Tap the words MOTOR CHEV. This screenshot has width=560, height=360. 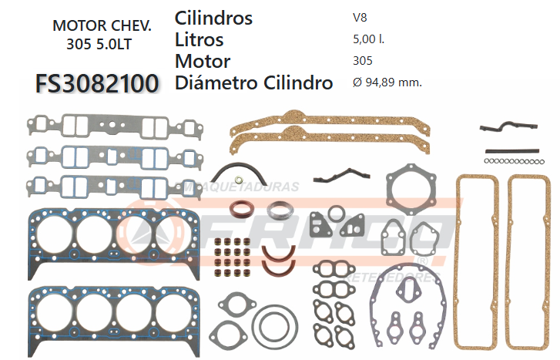coord(102,25)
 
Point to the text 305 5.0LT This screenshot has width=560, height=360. coord(99,44)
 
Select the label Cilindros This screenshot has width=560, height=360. coord(213,18)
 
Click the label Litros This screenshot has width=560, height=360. coord(200,39)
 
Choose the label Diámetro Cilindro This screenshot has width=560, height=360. coord(254,82)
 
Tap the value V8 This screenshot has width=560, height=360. coord(360,18)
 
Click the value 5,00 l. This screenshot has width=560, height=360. coord(367,39)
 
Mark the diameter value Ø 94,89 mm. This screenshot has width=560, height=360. coord(386,82)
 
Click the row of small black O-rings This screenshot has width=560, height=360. coord(515,161)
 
